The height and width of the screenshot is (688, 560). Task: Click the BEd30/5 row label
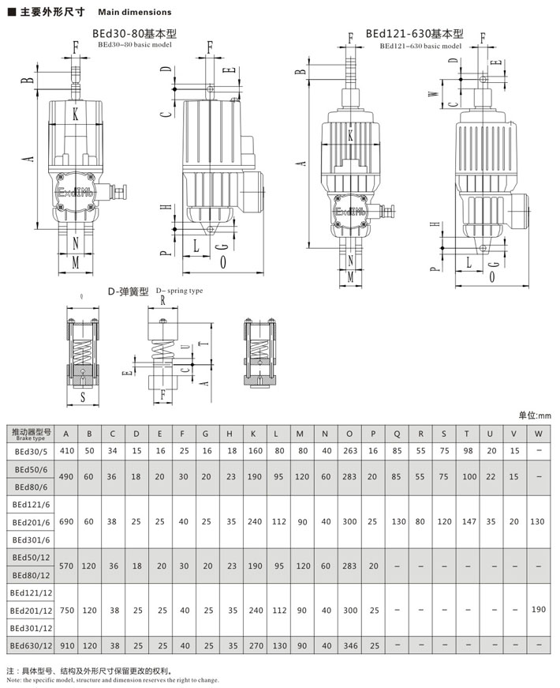[31, 451]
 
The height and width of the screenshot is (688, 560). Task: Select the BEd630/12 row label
[31, 646]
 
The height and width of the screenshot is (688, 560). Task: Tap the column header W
[538, 434]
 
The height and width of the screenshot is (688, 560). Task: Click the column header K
[253, 434]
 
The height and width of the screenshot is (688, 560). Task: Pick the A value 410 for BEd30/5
[66, 450]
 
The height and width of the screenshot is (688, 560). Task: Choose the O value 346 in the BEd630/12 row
[350, 646]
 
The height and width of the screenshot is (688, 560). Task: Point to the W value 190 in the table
[538, 610]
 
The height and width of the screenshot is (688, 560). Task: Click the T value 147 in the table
[469, 521]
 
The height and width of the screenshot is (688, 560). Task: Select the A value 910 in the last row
[66, 646]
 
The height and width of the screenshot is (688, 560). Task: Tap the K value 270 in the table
[256, 646]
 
